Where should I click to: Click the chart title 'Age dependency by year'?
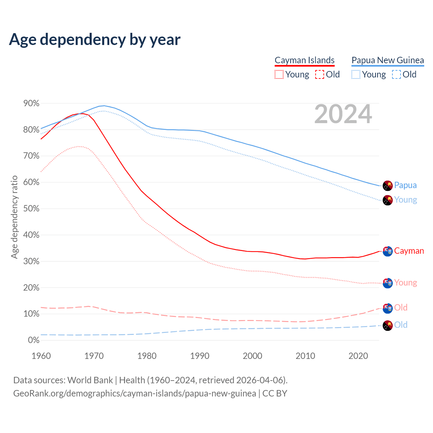pos(95,40)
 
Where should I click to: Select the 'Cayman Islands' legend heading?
pos(304,60)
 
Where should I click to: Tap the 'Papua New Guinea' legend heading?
pos(388,60)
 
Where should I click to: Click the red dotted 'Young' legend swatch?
pos(279,74)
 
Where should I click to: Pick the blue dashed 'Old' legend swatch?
pos(396,74)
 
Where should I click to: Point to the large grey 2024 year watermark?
pos(343,114)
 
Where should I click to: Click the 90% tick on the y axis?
pos(31,104)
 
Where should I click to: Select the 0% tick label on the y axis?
pos(33,340)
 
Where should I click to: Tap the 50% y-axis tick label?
pos(31,209)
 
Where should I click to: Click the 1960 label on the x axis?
pos(41,356)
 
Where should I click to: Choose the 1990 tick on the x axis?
pos(200,356)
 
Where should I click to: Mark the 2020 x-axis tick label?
pos(358,356)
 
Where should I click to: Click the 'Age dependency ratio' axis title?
pos(14,217)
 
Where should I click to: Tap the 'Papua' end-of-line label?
pos(405,185)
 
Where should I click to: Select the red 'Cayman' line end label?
pos(409,251)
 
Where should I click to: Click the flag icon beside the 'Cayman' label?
pos(388,251)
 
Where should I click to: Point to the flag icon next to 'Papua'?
pos(388,185)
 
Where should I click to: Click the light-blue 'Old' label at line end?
pos(401,325)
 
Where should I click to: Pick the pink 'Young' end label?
pos(406,283)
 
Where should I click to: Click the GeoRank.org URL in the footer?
pos(135,394)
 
